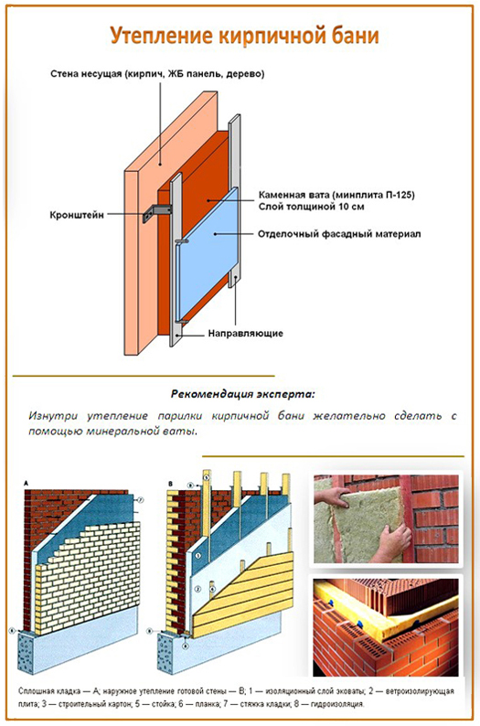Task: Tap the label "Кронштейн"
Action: (77, 215)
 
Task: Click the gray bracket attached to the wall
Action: (157, 211)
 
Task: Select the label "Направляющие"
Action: (245, 334)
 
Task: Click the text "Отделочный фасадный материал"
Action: (339, 234)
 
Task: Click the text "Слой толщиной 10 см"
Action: (312, 207)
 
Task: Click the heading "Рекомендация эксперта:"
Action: (243, 394)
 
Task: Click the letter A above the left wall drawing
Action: (27, 484)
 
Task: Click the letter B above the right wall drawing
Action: (170, 484)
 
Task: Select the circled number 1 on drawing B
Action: (197, 556)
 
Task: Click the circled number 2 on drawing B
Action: (197, 590)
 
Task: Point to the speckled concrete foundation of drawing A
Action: (27, 652)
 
